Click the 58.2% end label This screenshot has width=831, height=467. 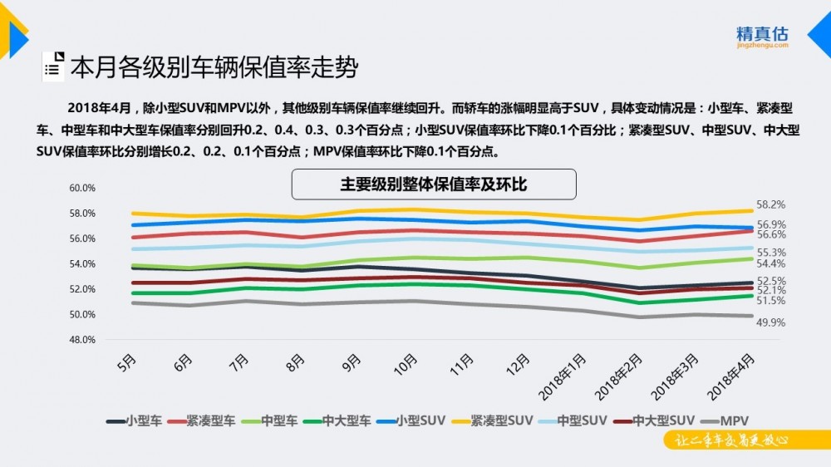coord(770,204)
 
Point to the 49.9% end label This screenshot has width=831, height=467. coord(770,322)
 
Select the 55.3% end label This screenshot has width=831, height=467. coord(771,253)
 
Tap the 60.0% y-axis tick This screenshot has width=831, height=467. coord(82,188)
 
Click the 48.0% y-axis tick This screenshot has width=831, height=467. coord(82,340)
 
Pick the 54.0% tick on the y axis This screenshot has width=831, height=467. coord(82,264)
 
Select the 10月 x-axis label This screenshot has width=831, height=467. coord(406,365)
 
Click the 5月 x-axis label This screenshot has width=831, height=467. coord(126,363)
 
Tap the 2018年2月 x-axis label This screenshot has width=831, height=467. coord(618,377)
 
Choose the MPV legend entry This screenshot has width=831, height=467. coord(725,421)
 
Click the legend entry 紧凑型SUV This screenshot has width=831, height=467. coord(492,421)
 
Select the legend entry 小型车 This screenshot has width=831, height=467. coord(134,421)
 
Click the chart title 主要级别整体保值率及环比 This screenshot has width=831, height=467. coord(434,184)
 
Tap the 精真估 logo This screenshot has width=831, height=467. coord(762,37)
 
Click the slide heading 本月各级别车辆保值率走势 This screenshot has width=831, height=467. coord(214,67)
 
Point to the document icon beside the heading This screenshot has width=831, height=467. coord(53,66)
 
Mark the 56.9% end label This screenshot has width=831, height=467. coord(771,224)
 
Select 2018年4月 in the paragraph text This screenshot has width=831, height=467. coord(99,108)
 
